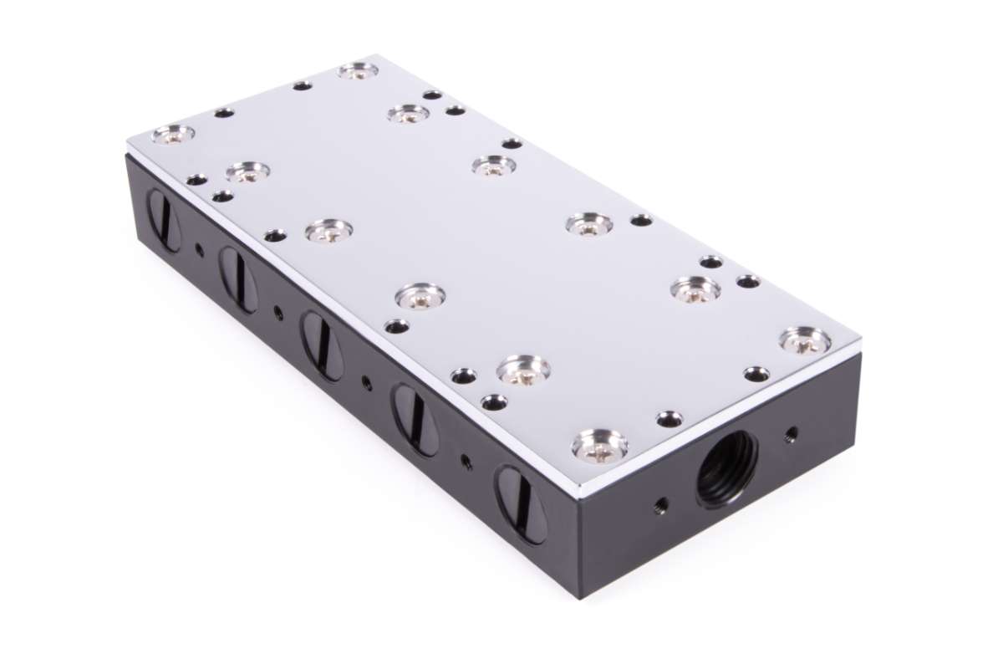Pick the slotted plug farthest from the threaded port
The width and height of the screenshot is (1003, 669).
tap(165, 220)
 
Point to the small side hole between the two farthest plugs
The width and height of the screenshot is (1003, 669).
tap(199, 248)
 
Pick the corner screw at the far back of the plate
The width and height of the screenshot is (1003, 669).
tap(358, 70)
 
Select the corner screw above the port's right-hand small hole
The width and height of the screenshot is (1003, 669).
tap(805, 340)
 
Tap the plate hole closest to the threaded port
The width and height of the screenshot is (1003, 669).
tap(669, 418)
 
